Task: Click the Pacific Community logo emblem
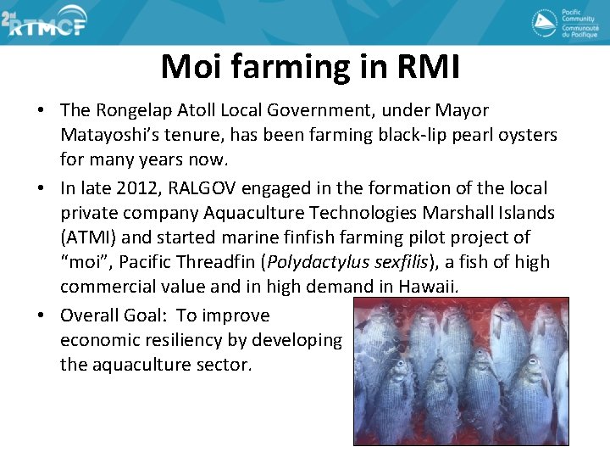pos(544,23)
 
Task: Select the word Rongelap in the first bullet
pos(132,110)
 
